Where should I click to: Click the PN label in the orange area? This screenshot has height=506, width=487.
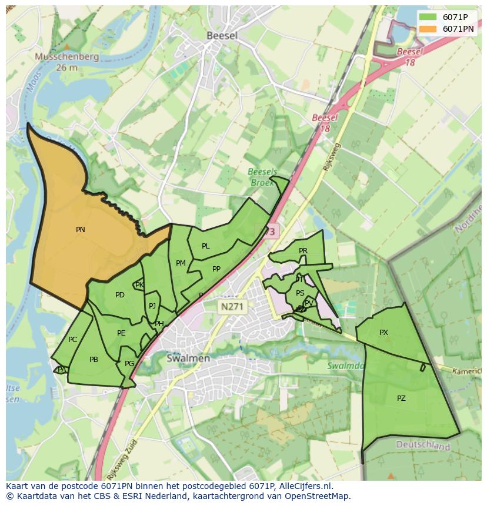click(81, 230)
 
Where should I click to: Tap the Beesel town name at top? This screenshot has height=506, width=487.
click(222, 36)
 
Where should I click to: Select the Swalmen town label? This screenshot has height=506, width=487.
click(188, 358)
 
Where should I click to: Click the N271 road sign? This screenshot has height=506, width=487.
click(232, 306)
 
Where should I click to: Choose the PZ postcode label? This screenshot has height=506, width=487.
click(401, 398)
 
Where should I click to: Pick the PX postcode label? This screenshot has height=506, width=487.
click(383, 333)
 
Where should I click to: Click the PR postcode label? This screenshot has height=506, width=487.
click(303, 251)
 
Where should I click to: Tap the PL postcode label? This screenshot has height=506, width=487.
click(206, 246)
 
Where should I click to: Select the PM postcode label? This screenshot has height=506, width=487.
click(181, 263)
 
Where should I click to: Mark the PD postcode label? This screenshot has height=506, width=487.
click(120, 295)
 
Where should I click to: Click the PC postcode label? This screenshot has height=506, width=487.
click(73, 340)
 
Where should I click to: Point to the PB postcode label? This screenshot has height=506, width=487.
click(94, 360)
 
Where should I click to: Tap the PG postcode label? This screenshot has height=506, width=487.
click(129, 364)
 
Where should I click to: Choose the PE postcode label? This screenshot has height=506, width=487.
click(121, 333)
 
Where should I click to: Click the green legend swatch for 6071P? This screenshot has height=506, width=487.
click(428, 17)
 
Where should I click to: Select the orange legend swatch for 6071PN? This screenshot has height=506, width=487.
click(428, 29)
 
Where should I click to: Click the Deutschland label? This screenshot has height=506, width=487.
click(423, 446)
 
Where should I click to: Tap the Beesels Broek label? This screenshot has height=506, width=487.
click(262, 177)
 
